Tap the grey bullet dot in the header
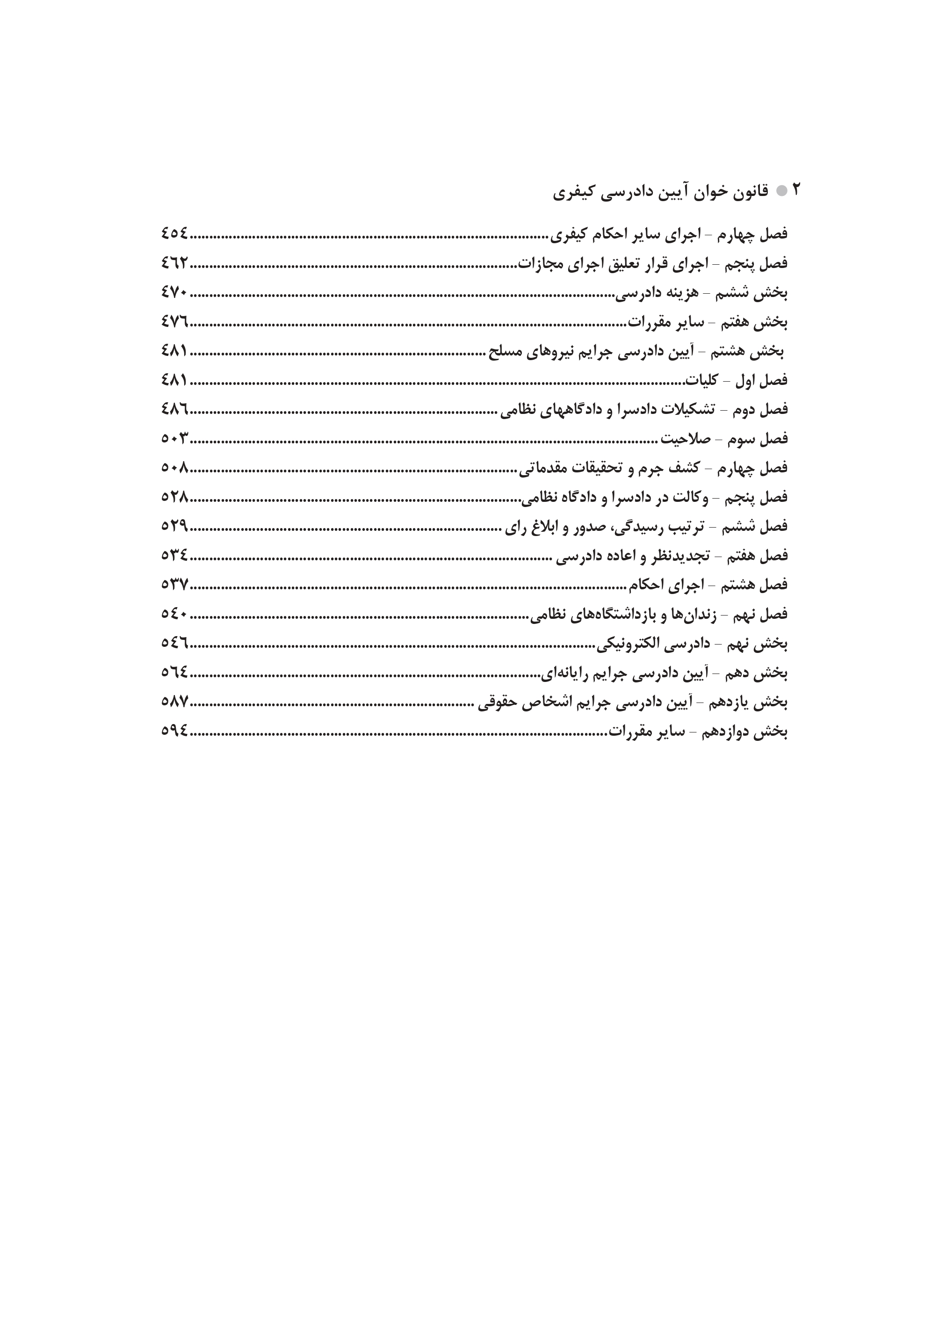pyautogui.click(x=781, y=191)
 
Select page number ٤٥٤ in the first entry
pyautogui.click(x=174, y=233)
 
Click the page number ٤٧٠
pyautogui.click(x=174, y=293)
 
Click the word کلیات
pyautogui.click(x=701, y=381)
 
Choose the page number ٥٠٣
pyautogui.click(x=174, y=438)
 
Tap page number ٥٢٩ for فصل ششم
pyautogui.click(x=174, y=526)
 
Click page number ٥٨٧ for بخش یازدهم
pyautogui.click(x=174, y=702)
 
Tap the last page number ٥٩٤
pyautogui.click(x=174, y=731)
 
